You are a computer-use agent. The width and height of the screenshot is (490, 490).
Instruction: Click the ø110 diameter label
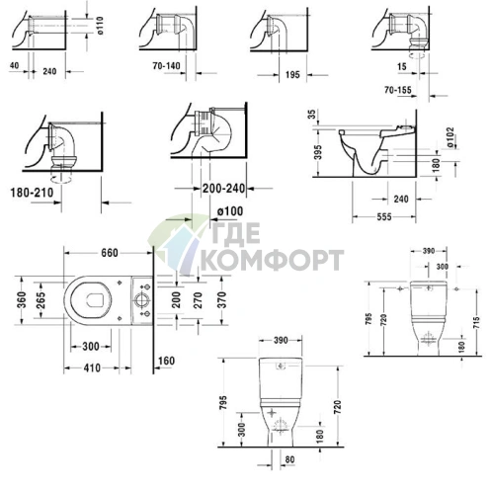pyautogui.click(x=101, y=26)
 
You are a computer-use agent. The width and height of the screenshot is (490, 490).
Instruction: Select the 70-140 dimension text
pyautogui.click(x=166, y=66)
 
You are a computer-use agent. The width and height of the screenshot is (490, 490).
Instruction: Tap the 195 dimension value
pyautogui.click(x=292, y=75)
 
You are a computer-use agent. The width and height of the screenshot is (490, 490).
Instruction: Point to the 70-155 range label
pyautogui.click(x=398, y=89)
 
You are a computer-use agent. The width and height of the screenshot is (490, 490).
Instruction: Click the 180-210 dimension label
pyautogui.click(x=32, y=193)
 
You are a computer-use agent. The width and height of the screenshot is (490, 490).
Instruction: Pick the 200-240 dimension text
pyautogui.click(x=223, y=189)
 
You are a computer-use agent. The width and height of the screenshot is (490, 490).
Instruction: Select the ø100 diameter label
pyautogui.click(x=230, y=211)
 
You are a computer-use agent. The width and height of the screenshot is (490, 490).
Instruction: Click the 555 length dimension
pyautogui.click(x=384, y=216)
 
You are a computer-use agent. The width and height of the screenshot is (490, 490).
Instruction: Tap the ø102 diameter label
pyautogui.click(x=450, y=136)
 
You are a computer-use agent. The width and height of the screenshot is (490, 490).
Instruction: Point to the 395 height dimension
pyautogui.click(x=318, y=152)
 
